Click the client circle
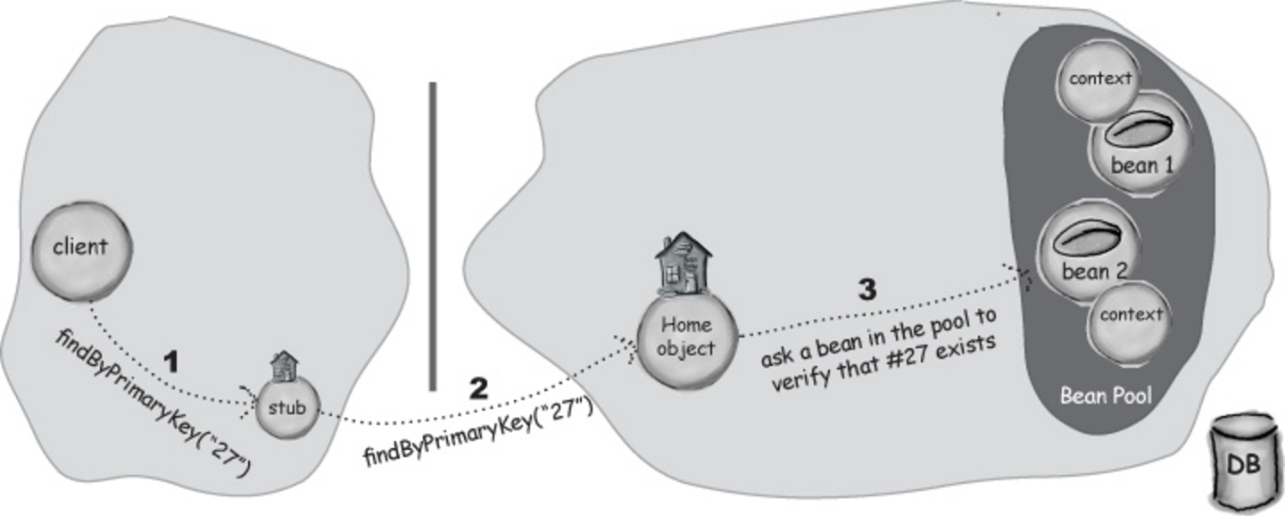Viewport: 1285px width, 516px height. tap(82, 250)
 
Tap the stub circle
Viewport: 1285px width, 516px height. tap(287, 408)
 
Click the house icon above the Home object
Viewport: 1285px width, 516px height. tap(683, 263)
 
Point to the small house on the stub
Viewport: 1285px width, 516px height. tap(285, 366)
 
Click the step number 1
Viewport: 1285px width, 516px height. tap(171, 362)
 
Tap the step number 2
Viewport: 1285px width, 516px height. tap(478, 388)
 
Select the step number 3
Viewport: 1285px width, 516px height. tap(866, 290)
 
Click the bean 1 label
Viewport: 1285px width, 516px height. tap(1142, 166)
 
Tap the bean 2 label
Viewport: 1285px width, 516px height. tap(1095, 270)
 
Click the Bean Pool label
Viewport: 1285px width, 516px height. tap(1106, 396)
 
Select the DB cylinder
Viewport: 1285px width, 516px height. tap(1244, 466)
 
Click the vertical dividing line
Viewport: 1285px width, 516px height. tap(433, 236)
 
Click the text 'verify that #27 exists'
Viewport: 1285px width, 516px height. tap(883, 364)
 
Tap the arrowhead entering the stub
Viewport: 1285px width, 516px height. tap(248, 401)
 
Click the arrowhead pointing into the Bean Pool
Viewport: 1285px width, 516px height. tap(1018, 276)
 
